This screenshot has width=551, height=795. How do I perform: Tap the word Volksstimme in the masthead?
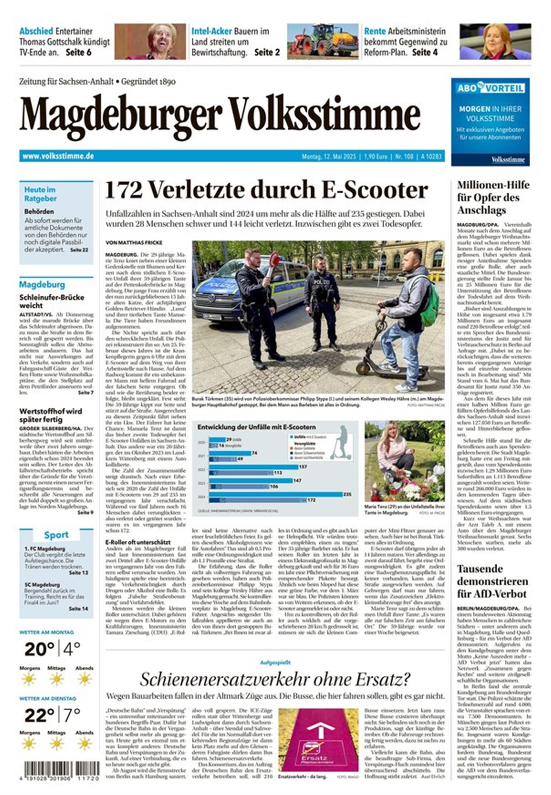point(324,114)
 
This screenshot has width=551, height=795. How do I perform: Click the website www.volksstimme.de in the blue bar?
point(58,156)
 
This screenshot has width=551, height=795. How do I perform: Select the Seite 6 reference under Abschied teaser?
point(79,52)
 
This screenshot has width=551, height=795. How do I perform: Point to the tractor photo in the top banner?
point(322,41)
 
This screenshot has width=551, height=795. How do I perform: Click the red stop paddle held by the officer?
point(274,258)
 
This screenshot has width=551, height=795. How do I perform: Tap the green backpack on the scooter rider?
point(430,302)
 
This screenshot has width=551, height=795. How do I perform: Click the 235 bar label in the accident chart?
point(347,495)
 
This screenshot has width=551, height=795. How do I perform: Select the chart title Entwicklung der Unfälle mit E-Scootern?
point(256,427)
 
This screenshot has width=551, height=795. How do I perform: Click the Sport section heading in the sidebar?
point(56,535)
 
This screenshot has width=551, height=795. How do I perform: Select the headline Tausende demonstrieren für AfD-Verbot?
point(492,581)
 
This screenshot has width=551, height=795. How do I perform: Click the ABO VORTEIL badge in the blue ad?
point(490,88)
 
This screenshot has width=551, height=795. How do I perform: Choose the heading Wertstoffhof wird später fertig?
point(50,415)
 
